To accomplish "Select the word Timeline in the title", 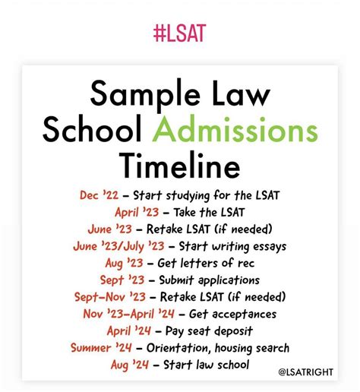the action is (x=179, y=165).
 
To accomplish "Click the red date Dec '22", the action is (x=99, y=194).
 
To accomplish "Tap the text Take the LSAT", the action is (x=209, y=212).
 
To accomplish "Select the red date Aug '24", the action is (x=128, y=365).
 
